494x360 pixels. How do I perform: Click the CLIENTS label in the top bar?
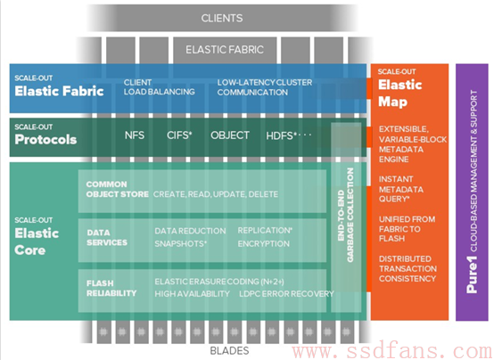[x=222, y=19]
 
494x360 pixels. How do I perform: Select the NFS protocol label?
[x=135, y=135]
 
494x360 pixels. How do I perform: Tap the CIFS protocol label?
[x=179, y=135]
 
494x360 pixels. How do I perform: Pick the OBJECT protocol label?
[x=230, y=135]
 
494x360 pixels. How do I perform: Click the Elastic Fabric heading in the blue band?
[x=59, y=91]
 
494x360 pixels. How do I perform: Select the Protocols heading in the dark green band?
[x=45, y=140]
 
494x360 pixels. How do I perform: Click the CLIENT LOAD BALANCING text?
[x=159, y=87]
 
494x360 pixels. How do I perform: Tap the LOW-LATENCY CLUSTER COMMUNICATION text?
[x=265, y=87]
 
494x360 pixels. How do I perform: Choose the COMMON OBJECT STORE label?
[x=117, y=189]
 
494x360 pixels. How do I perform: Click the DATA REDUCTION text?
[x=190, y=231]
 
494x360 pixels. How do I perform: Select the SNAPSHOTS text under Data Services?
[x=180, y=244]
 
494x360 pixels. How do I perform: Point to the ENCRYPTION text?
[x=263, y=244]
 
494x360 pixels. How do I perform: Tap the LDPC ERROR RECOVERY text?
[x=286, y=294]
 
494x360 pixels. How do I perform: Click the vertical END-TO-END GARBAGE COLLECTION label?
[x=346, y=215]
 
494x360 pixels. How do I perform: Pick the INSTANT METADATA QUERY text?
[x=401, y=189]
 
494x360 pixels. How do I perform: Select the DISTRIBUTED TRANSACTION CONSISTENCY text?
[x=408, y=268]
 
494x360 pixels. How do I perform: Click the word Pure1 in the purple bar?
[x=472, y=274]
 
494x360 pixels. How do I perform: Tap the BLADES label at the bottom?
[x=229, y=350]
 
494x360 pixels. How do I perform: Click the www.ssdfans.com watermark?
[x=392, y=351]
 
